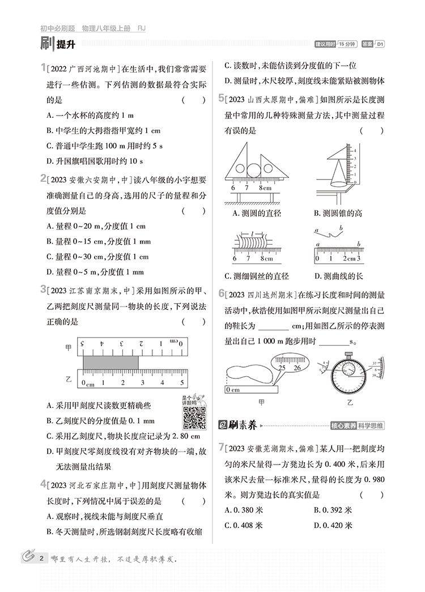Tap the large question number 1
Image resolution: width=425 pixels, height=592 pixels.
43,69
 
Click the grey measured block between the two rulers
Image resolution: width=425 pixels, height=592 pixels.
110,361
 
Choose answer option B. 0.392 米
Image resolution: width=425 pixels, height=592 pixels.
333,510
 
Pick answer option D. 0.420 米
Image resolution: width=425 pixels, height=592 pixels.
333,525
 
